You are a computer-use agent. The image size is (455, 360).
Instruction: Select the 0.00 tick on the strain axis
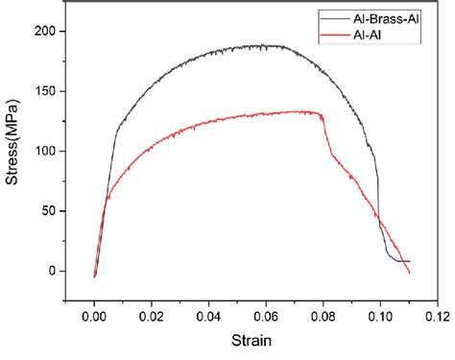(x=94, y=314)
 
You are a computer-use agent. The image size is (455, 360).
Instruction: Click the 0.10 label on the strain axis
(x=380, y=314)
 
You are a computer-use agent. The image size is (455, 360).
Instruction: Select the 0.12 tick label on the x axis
(x=437, y=314)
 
